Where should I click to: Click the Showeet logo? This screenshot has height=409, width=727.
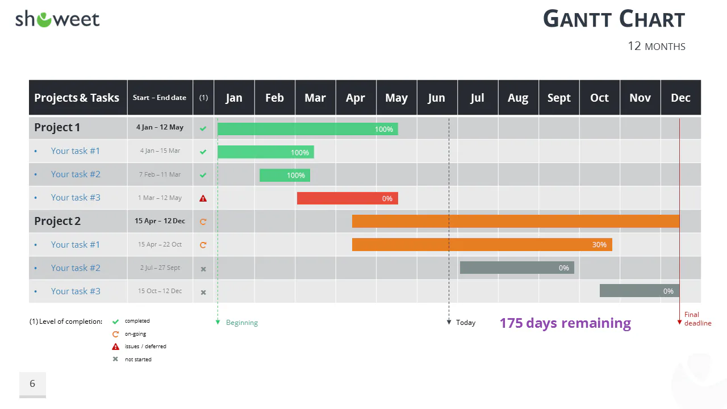(57, 19)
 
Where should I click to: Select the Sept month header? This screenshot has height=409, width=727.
(559, 98)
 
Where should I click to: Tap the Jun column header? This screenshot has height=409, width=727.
(437, 98)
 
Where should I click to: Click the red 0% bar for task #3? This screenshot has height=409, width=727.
(347, 198)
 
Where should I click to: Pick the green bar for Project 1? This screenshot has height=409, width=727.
(308, 129)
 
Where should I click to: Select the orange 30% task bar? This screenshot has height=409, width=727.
(482, 244)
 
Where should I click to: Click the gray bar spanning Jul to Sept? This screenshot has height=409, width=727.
(517, 268)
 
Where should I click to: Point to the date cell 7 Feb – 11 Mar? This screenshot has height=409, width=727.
(160, 174)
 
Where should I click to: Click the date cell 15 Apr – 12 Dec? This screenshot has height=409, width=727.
(160, 221)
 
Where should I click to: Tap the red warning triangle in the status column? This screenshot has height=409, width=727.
(203, 198)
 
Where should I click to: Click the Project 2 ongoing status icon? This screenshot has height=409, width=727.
(203, 222)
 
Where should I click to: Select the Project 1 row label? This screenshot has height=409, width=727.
(57, 128)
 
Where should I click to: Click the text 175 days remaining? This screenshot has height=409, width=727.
(565, 323)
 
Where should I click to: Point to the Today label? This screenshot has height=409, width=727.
(466, 322)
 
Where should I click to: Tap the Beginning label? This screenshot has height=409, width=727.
(242, 323)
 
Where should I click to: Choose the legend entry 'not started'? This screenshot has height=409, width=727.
(138, 360)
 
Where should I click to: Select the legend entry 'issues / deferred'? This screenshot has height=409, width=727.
(145, 347)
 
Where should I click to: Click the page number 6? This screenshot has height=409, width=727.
(32, 383)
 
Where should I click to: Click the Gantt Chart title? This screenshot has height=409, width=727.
(614, 19)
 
